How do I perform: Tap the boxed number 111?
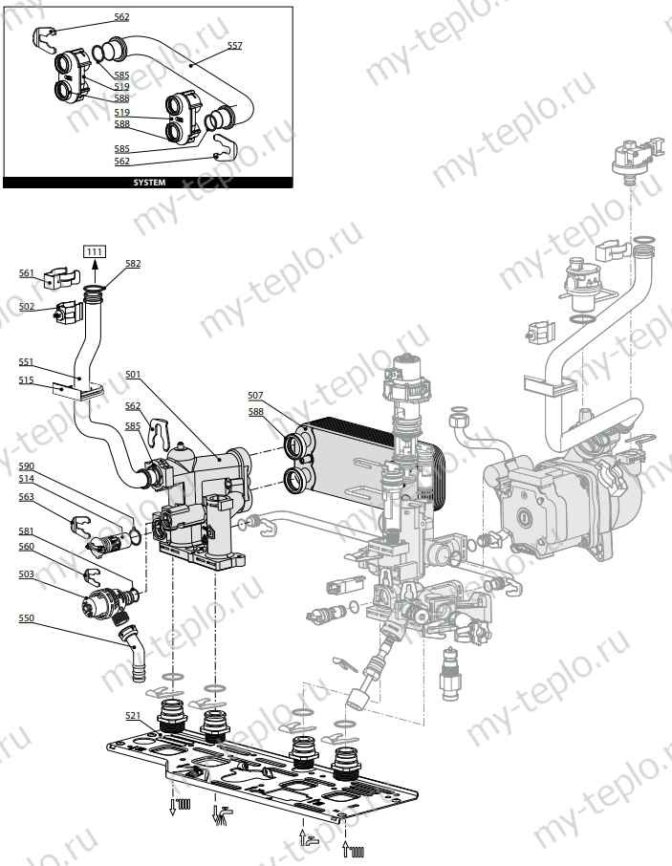tap(94, 251)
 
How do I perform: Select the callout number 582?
tap(132, 263)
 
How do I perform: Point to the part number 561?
tap(27, 272)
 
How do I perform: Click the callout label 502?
tap(27, 307)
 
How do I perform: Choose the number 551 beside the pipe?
tap(27, 362)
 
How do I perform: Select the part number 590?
tap(27, 465)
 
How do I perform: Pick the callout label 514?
tap(27, 478)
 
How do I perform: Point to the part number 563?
tap(27, 496)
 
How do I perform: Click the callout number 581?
tap(27, 533)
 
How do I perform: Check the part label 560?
tap(27, 547)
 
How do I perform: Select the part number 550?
tap(27, 618)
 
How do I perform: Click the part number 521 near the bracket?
tap(132, 714)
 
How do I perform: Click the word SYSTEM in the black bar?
tap(148, 183)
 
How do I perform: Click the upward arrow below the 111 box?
tap(94, 271)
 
